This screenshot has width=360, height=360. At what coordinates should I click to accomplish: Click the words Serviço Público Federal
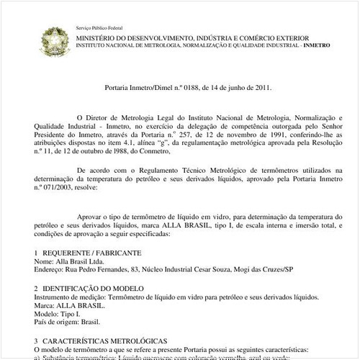[99, 27]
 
